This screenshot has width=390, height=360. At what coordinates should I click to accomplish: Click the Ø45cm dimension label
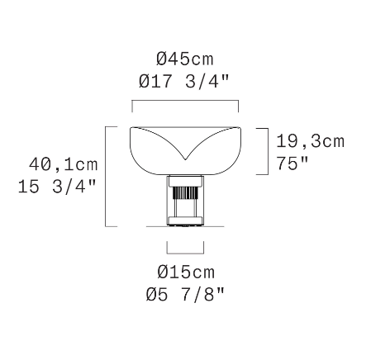(x=185, y=59)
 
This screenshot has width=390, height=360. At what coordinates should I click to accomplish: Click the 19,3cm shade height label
(x=311, y=141)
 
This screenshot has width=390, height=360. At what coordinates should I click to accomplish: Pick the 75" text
(x=292, y=163)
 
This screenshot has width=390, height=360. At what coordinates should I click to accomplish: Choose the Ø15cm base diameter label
(x=185, y=272)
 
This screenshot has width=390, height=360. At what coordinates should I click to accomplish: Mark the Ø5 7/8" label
(x=185, y=293)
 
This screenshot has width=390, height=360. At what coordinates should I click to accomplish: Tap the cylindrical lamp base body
(x=185, y=198)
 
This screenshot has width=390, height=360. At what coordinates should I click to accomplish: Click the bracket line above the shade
(x=185, y=103)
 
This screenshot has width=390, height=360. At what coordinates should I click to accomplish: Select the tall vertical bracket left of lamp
(x=107, y=175)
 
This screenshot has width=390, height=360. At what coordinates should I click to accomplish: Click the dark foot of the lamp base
(x=185, y=221)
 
